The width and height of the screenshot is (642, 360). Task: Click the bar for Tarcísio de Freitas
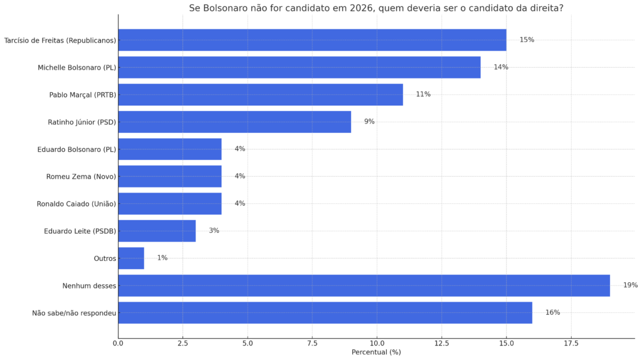(x=312, y=40)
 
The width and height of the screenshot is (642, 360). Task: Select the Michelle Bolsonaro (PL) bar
(x=299, y=67)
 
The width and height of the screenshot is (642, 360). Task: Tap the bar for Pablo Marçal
(x=260, y=95)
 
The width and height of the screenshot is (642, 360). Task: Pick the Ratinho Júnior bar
(x=234, y=122)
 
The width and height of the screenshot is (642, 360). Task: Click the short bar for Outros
(x=131, y=258)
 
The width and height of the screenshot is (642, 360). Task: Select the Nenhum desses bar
(x=364, y=285)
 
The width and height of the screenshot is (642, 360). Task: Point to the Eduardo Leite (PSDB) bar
(x=157, y=231)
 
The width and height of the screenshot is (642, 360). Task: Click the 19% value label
(x=631, y=285)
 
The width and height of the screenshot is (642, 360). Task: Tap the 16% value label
(x=553, y=312)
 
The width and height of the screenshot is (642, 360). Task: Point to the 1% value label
(x=162, y=258)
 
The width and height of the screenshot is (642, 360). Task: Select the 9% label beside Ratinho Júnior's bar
(x=369, y=121)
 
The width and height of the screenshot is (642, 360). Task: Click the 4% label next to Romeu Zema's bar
(x=240, y=176)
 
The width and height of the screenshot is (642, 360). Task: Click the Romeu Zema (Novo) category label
(x=81, y=176)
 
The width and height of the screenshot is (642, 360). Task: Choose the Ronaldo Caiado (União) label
(x=76, y=204)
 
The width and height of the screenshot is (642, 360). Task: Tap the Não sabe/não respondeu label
(x=74, y=314)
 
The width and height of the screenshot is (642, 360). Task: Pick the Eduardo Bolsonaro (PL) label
(x=77, y=149)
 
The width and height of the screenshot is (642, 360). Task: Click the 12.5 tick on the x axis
(x=442, y=343)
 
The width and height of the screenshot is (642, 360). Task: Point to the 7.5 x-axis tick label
(x=312, y=343)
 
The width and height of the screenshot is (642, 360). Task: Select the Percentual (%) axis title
(x=376, y=352)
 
